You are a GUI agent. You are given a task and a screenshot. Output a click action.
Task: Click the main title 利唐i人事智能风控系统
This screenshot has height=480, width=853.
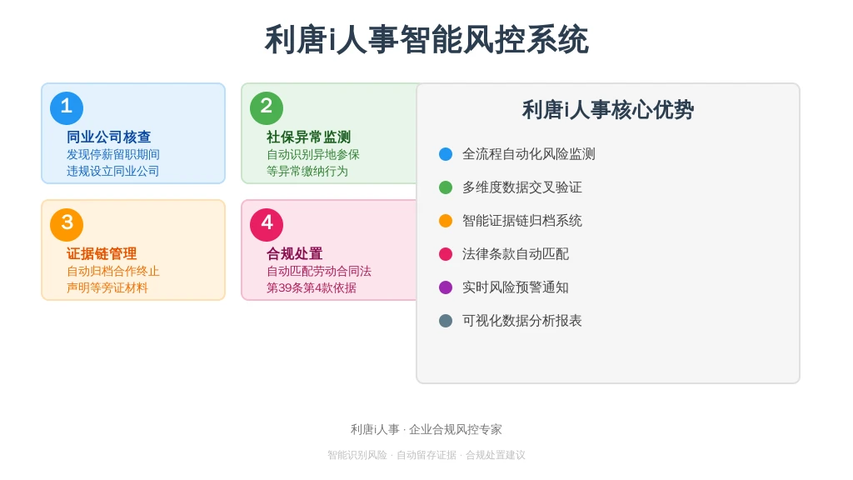426,40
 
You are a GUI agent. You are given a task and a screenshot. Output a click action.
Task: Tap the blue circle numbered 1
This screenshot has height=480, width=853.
67,107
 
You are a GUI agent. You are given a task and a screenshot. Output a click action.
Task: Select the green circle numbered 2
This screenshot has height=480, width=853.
267,107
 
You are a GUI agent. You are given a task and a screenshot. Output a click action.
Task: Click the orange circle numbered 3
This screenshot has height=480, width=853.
67,224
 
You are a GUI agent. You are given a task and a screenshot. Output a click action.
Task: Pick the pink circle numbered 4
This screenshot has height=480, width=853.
267,224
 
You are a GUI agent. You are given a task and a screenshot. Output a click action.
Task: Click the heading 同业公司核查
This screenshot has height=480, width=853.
109,137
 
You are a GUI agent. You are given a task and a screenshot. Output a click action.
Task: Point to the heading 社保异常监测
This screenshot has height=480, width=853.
308,137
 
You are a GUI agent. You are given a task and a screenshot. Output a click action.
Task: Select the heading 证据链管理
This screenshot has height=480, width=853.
102,253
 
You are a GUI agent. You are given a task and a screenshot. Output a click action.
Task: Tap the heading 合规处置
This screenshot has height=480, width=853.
294,253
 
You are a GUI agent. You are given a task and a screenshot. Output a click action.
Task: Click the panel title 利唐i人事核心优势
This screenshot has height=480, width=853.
608,110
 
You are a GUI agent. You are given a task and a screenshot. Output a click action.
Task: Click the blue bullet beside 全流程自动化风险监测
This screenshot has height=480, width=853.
446,154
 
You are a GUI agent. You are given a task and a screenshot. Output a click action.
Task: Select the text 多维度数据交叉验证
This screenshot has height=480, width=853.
522,187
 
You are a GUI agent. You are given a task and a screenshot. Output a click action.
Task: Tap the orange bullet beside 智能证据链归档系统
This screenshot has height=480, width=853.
446,220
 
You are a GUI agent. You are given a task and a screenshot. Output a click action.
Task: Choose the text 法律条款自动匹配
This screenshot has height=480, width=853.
516,253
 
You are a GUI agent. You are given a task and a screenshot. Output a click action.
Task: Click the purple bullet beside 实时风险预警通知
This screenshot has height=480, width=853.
446,287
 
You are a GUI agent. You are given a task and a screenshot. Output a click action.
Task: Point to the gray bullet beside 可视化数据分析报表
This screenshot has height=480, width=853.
446,321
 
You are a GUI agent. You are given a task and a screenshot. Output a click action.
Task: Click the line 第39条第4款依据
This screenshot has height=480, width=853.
312,287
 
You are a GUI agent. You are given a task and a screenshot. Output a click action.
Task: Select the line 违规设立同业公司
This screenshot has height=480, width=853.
112,172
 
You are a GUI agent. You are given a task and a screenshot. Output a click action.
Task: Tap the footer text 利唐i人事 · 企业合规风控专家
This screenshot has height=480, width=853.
426,429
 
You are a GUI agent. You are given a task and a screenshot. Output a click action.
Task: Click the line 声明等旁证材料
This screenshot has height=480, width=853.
107,287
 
